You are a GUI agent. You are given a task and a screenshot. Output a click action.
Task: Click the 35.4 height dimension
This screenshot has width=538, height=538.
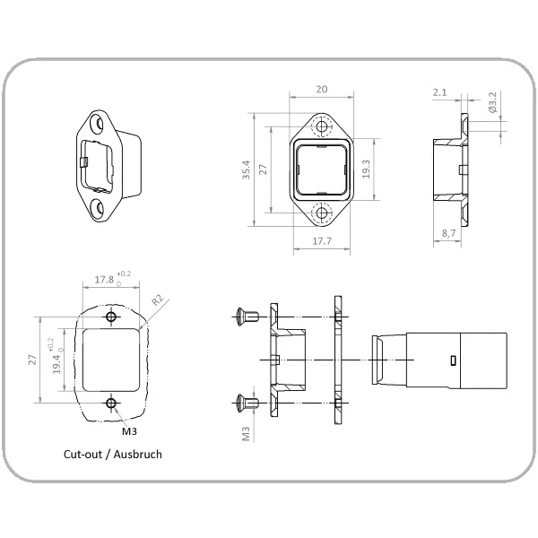(246, 169)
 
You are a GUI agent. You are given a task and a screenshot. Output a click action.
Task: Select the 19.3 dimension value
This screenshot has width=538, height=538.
(366, 169)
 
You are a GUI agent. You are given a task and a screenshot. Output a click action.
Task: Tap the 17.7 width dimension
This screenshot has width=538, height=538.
(322, 241)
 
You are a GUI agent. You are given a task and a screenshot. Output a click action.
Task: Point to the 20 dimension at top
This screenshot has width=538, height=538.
(322, 89)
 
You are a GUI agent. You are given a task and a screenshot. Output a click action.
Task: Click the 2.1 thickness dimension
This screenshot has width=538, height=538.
(439, 92)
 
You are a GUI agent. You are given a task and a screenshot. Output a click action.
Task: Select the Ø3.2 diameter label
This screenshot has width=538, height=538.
(492, 102)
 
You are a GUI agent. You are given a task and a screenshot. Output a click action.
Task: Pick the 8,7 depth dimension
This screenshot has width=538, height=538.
(448, 233)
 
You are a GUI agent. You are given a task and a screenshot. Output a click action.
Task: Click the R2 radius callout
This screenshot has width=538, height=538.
(158, 299)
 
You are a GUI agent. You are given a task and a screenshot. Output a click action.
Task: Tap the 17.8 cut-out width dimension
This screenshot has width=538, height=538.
(104, 280)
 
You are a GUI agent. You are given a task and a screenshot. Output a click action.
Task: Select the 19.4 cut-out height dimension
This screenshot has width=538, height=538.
(56, 364)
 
